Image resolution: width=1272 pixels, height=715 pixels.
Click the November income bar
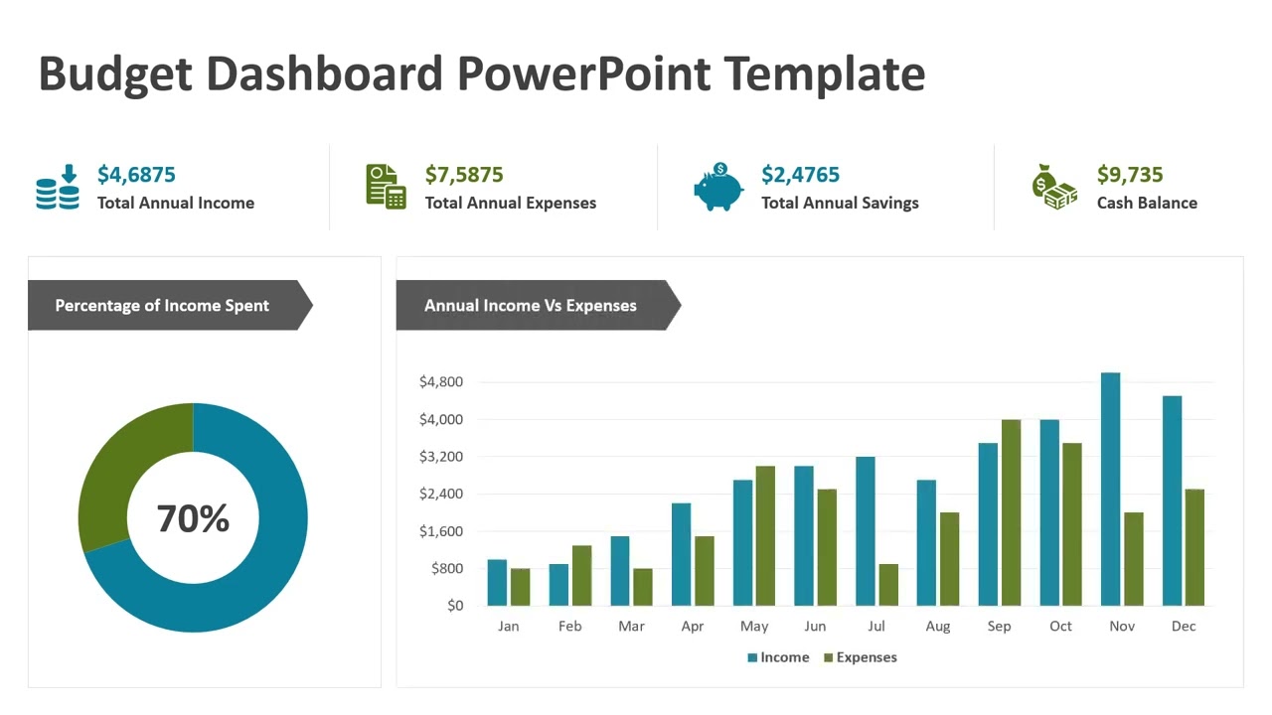(x=1110, y=489)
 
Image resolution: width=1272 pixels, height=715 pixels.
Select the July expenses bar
(x=888, y=585)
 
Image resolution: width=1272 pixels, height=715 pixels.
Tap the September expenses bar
(x=1011, y=512)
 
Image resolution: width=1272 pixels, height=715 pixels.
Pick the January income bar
(x=497, y=583)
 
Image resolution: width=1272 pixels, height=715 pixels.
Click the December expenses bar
(x=1194, y=547)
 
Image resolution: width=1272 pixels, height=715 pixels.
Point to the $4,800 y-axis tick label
(x=441, y=382)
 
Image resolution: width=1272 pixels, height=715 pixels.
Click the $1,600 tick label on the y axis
(x=441, y=531)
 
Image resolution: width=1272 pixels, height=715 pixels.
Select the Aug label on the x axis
(x=937, y=627)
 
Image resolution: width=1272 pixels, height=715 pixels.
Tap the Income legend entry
(x=778, y=657)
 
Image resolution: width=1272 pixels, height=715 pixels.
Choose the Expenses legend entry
(x=860, y=657)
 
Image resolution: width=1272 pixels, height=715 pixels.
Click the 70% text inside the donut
(x=193, y=518)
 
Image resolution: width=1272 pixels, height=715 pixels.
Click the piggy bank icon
(x=717, y=188)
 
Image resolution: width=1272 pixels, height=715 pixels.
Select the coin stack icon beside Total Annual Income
(x=58, y=188)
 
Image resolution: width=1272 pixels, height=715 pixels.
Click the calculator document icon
(x=386, y=187)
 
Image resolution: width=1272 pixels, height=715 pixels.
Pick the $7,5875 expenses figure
(x=464, y=175)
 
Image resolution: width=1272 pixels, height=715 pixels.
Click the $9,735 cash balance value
(x=1130, y=175)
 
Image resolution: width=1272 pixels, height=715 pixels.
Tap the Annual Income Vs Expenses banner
(x=531, y=306)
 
